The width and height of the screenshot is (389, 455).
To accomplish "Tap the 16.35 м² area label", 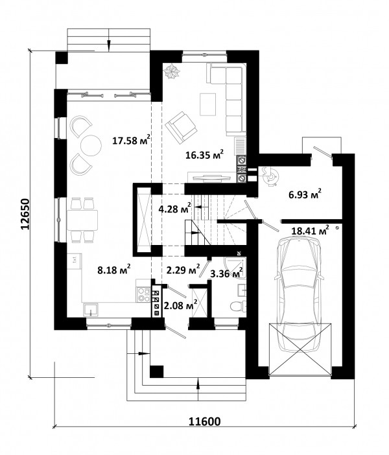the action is pyautogui.click(x=205, y=154).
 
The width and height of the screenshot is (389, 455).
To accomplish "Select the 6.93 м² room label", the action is pyautogui.click(x=305, y=194).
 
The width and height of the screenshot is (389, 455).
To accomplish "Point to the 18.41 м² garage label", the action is pyautogui.click(x=310, y=230).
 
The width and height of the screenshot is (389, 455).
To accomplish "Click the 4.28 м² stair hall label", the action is pyautogui.click(x=175, y=208).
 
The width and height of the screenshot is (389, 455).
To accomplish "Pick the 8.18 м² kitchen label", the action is pyautogui.click(x=114, y=270).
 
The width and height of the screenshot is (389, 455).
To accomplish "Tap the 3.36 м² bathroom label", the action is pyautogui.click(x=226, y=273).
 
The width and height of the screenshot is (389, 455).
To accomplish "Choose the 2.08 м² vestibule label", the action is pyautogui.click(x=181, y=305).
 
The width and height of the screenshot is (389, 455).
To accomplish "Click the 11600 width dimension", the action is pyautogui.click(x=205, y=421).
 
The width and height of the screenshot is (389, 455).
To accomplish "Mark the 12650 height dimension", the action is pyautogui.click(x=25, y=215).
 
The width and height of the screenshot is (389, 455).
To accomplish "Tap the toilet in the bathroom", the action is pyautogui.click(x=238, y=306).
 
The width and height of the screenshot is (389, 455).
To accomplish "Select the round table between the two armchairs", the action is pyautogui.click(x=91, y=145).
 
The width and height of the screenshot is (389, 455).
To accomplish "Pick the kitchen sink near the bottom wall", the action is pyautogui.click(x=91, y=310).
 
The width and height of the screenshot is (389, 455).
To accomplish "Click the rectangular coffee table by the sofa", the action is pyautogui.click(x=207, y=104).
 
